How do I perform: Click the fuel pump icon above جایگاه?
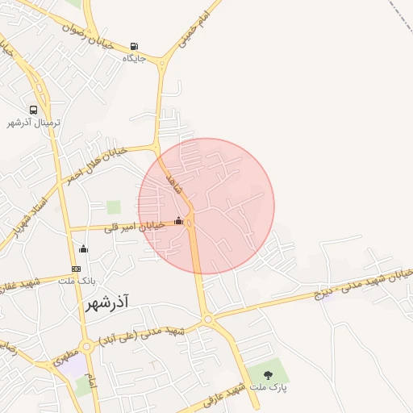coord(134,46)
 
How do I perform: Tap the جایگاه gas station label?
coord(134,58)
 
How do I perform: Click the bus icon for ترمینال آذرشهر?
coord(34,110)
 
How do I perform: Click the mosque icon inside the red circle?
coord(178,220)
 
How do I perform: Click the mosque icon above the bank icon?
coord(83,249)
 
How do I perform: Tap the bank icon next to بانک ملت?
coord(77,269)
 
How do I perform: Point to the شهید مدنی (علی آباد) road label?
coord(142,336)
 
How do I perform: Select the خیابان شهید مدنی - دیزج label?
coord(363,282)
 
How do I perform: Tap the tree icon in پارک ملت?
coord(268,374)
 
